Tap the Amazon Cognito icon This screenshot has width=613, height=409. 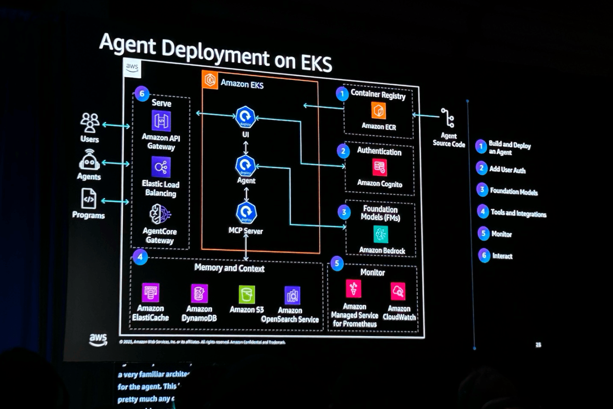click(380, 167)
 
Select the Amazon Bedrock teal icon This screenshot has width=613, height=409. click(381, 234)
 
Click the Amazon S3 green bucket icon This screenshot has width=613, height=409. click(246, 294)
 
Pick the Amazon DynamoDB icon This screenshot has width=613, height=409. click(199, 293)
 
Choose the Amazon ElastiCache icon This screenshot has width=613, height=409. click(151, 292)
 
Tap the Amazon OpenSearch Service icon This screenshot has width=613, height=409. click(292, 295)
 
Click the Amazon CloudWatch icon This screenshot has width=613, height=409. click(398, 291)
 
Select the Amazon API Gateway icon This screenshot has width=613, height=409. click(161, 121)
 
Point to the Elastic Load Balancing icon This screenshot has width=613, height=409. click(161, 167)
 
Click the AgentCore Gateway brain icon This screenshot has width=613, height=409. click(160, 214)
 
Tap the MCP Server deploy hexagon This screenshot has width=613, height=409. click(246, 213)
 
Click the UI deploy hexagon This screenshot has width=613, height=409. click(245, 117)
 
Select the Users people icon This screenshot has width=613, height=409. click(90, 123)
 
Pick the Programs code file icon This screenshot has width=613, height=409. click(89, 199)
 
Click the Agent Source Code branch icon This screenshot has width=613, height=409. click(448, 118)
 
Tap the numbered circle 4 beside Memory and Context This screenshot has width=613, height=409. click(140, 257)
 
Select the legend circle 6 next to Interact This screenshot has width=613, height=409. click(484, 255)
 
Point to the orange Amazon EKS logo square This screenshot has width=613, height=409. click(210, 79)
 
